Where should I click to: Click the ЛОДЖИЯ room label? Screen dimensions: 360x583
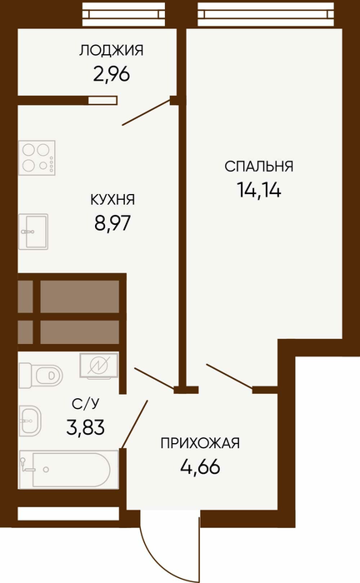(111, 51)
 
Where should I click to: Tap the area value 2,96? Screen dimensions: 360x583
(111, 75)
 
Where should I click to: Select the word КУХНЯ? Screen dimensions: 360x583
(112, 200)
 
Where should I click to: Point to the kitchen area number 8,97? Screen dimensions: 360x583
(112, 223)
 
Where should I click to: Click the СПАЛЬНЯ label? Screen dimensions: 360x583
(259, 167)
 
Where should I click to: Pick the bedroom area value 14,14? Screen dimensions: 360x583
(259, 190)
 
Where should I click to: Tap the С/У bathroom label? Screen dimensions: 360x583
(86, 403)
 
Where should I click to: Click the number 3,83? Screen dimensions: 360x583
(86, 426)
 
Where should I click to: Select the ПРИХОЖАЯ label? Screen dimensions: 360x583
(200, 443)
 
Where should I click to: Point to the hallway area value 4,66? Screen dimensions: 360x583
(200, 466)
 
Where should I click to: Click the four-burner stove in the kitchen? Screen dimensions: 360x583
(37, 157)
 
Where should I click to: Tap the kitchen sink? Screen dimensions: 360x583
(33, 232)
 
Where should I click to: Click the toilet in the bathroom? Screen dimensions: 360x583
(41, 376)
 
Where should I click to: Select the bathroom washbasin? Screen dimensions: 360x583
(30, 421)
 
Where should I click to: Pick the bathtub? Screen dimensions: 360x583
(69, 469)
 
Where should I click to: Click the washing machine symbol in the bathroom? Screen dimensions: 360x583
(99, 366)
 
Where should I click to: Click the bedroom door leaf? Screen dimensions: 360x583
(229, 376)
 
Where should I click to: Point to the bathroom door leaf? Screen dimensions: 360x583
(135, 423)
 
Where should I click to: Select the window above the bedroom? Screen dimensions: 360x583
(266, 14)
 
